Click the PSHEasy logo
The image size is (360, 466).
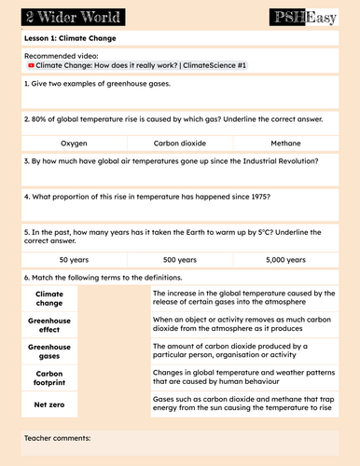pyautogui.click(x=303, y=16)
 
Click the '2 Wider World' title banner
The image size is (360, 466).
pyautogui.click(x=58, y=16)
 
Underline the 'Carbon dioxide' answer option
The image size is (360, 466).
pyautogui.click(x=179, y=144)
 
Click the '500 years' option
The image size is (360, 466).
pyautogui.click(x=179, y=259)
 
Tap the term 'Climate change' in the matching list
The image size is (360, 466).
pyautogui.click(x=48, y=297)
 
